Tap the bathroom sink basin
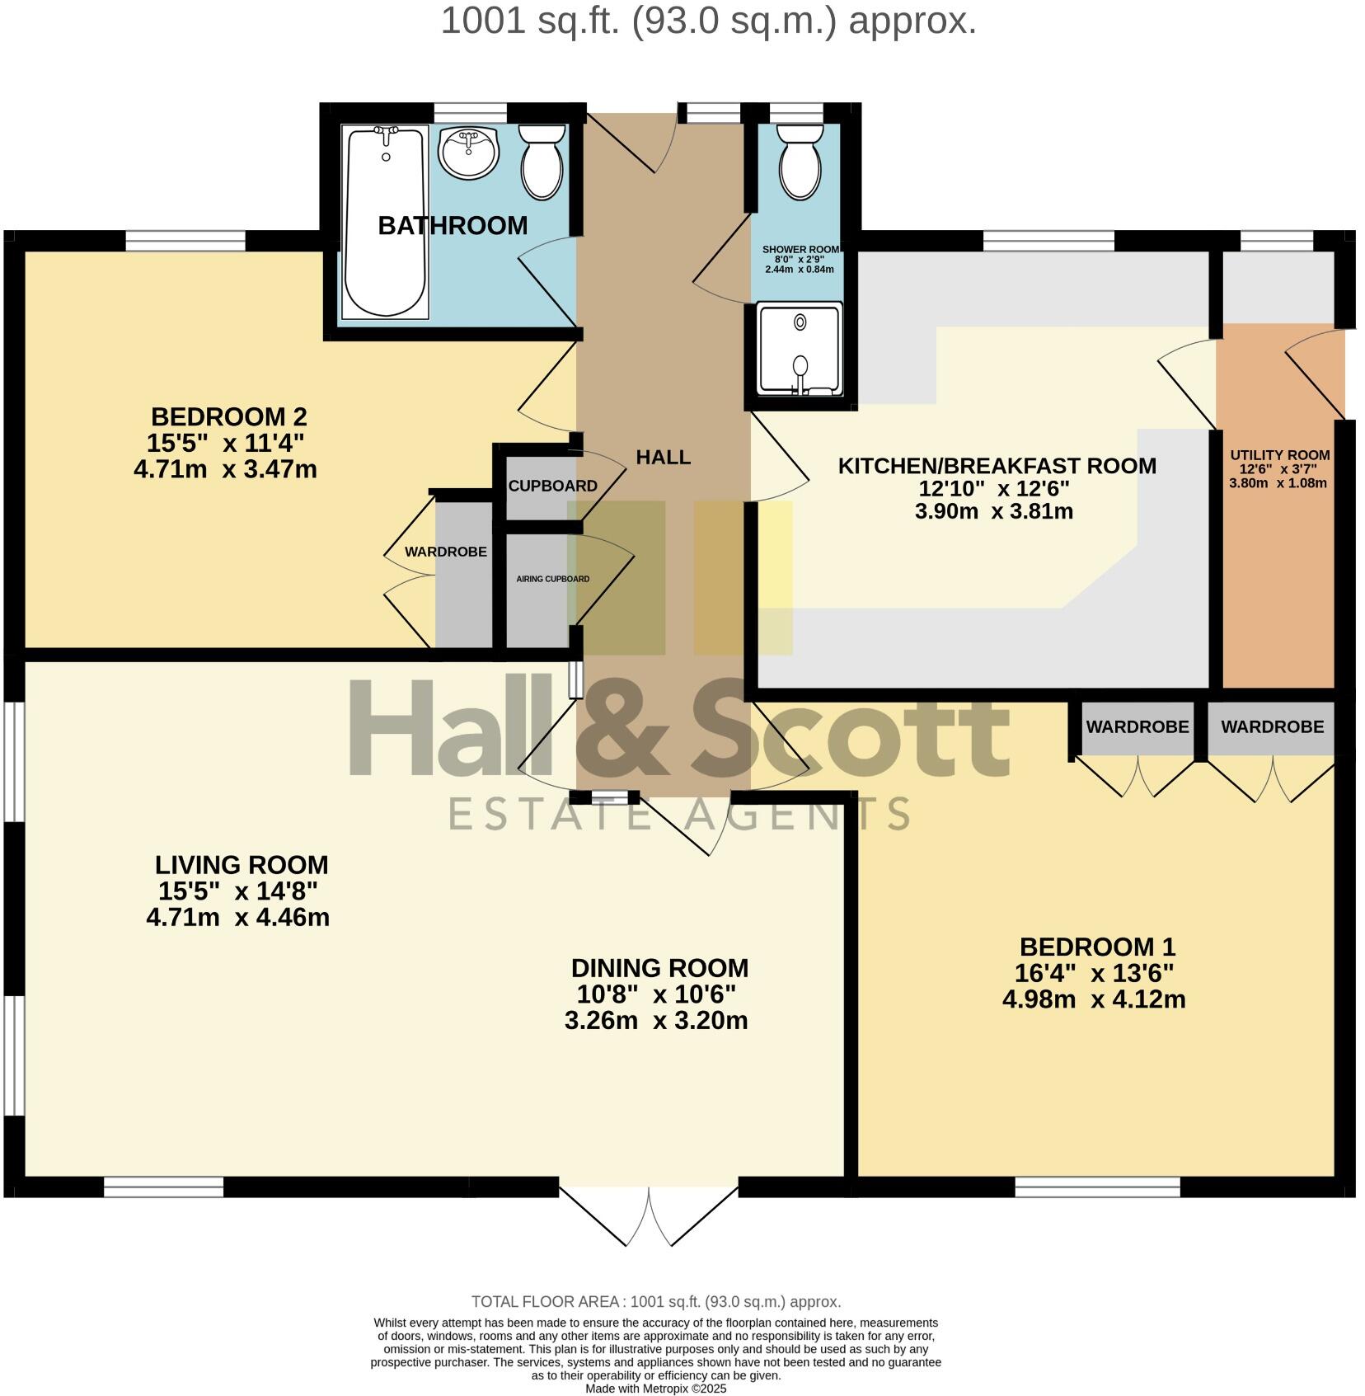(x=468, y=152)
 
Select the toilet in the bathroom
(x=542, y=162)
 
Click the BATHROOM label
(x=453, y=225)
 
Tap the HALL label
(x=663, y=458)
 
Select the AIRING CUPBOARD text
(x=552, y=579)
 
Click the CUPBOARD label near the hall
(x=552, y=486)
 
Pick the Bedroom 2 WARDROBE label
(x=445, y=552)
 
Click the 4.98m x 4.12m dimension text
(x=1093, y=999)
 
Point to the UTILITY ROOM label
(x=1279, y=455)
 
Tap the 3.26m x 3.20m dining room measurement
(x=656, y=1021)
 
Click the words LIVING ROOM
(x=242, y=865)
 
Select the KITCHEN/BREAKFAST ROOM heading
(x=997, y=466)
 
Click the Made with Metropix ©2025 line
(x=655, y=1389)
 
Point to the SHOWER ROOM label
(x=800, y=249)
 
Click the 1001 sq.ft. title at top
(x=708, y=21)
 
